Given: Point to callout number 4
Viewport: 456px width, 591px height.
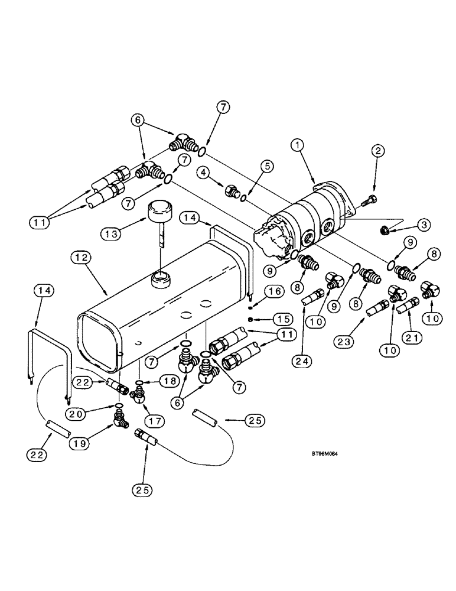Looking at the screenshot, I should (x=204, y=174).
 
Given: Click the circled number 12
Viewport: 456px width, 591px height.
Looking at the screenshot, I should (x=82, y=258).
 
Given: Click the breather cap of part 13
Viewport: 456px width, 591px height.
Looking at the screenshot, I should (x=158, y=209).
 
